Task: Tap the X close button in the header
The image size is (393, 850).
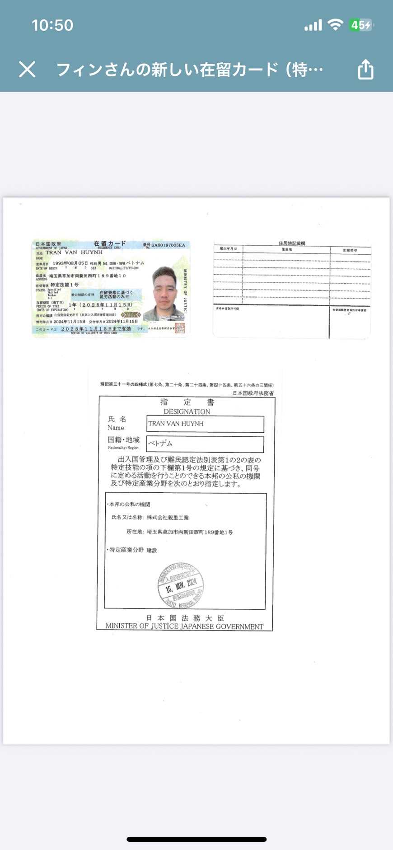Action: [27, 70]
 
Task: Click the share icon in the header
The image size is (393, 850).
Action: [365, 70]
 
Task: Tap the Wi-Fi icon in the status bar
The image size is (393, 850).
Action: [335, 25]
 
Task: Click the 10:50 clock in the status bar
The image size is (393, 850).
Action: [52, 25]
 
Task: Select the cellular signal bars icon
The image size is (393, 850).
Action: [313, 25]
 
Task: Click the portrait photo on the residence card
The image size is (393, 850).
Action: [164, 294]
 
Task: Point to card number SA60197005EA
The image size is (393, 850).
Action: [168, 245]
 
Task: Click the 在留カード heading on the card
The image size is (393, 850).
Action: [110, 244]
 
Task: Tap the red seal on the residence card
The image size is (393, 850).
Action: [180, 327]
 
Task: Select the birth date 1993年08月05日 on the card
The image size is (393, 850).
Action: [70, 263]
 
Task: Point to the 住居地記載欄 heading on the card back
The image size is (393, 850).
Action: [292, 243]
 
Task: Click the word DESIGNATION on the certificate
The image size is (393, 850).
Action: [187, 411]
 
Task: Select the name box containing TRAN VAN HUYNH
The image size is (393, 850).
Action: [205, 424]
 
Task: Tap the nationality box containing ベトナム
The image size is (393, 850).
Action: [205, 444]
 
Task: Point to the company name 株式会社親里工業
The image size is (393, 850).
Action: [168, 518]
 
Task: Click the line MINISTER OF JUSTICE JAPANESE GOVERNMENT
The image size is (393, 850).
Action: [184, 626]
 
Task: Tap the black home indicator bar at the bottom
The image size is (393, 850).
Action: [196, 839]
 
